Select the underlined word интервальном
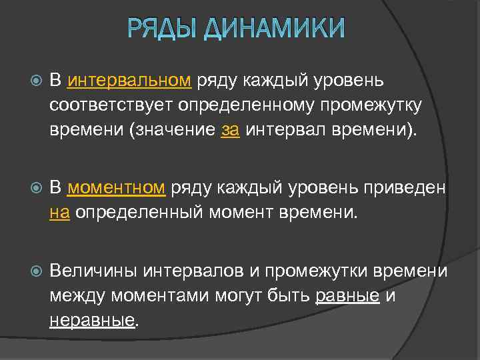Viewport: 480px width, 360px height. click(x=130, y=81)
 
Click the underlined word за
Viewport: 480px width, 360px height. click(x=229, y=130)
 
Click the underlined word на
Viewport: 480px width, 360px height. click(x=59, y=213)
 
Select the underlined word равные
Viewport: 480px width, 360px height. click(x=347, y=296)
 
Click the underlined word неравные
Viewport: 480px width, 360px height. click(x=92, y=321)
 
